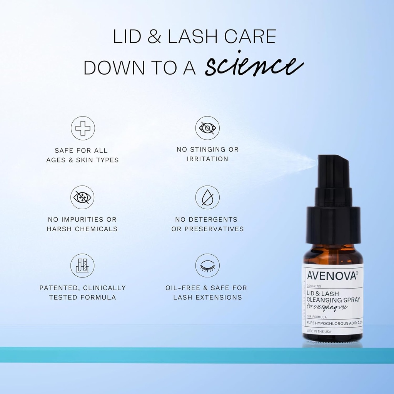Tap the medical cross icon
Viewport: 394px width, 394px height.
click(82, 128)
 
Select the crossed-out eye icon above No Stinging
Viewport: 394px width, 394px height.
click(207, 128)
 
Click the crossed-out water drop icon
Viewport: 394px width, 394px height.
click(207, 197)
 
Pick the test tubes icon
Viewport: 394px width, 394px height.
click(82, 265)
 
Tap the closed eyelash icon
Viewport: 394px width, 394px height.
click(207, 265)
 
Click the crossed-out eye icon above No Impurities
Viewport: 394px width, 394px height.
click(82, 197)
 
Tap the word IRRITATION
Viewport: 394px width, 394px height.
click(207, 159)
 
